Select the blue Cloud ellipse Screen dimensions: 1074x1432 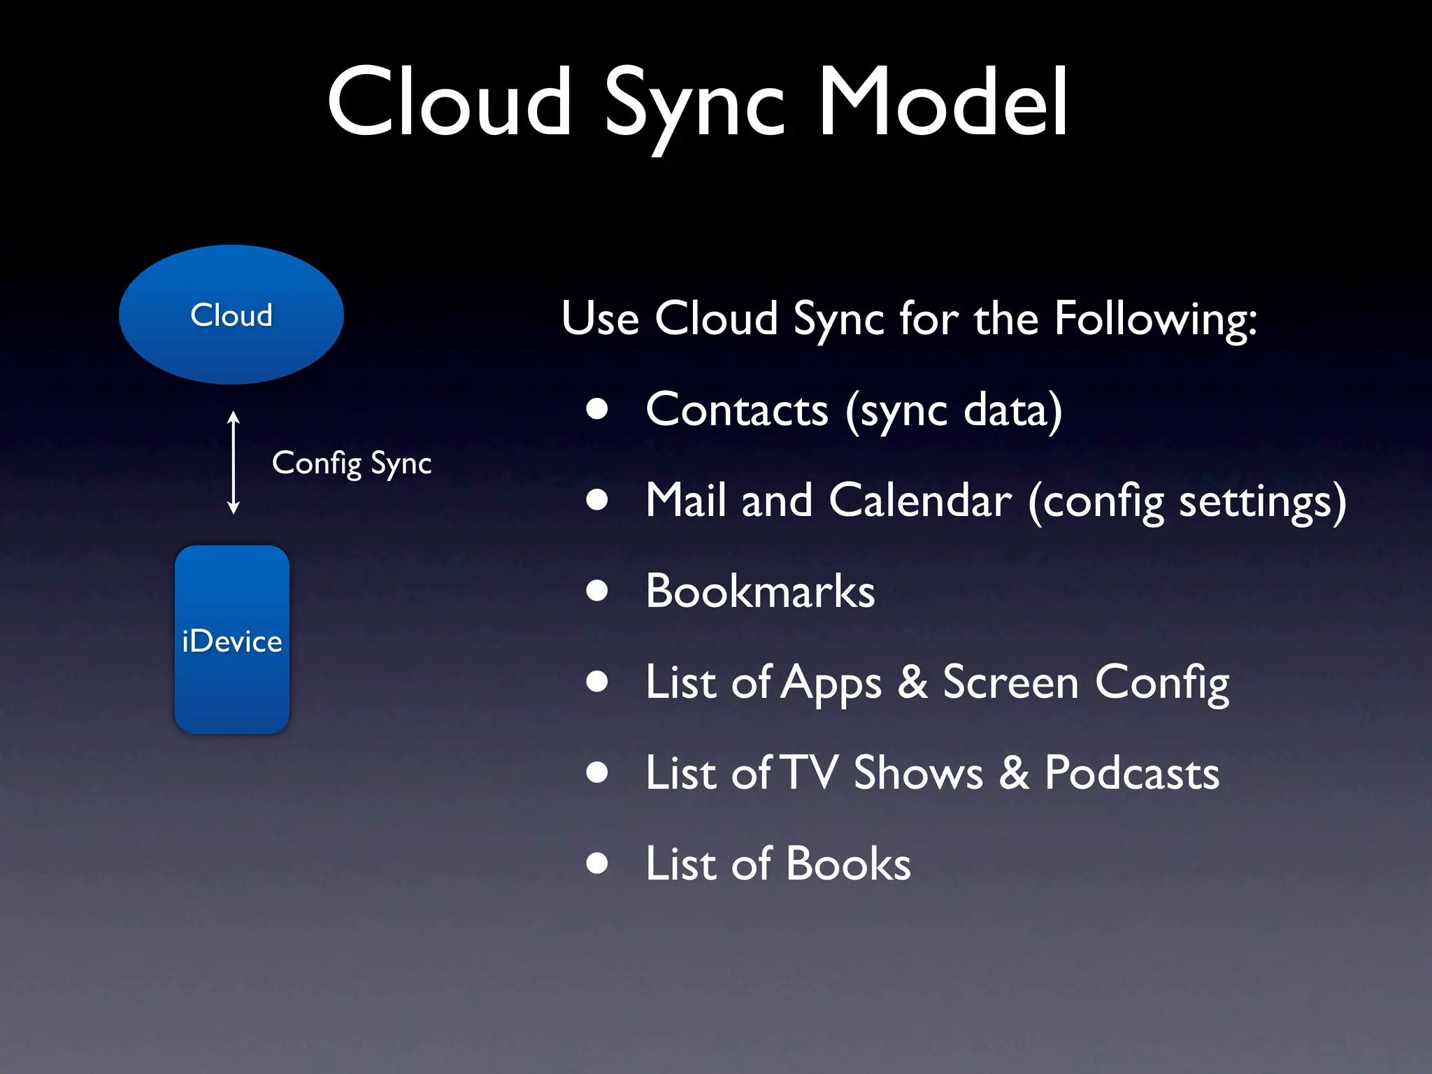click(x=231, y=315)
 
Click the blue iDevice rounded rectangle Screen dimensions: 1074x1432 click(x=232, y=640)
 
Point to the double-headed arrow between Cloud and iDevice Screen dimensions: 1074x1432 click(x=234, y=463)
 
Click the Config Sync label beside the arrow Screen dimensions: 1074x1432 click(x=352, y=463)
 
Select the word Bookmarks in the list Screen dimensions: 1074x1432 click(x=760, y=592)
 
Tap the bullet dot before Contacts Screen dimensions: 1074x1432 click(x=597, y=409)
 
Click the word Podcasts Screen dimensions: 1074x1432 click(x=1132, y=773)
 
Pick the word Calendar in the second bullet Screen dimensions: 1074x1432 click(x=920, y=501)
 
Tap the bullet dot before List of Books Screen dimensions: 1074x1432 click(x=597, y=864)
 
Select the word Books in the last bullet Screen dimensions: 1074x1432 click(x=848, y=864)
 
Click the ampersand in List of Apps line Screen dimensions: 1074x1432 click(x=912, y=682)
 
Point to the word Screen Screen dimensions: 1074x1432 click(x=1010, y=682)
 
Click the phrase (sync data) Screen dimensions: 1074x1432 click(x=954, y=410)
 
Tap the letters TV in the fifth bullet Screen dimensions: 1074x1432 click(x=809, y=773)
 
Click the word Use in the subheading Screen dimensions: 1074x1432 click(x=600, y=319)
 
